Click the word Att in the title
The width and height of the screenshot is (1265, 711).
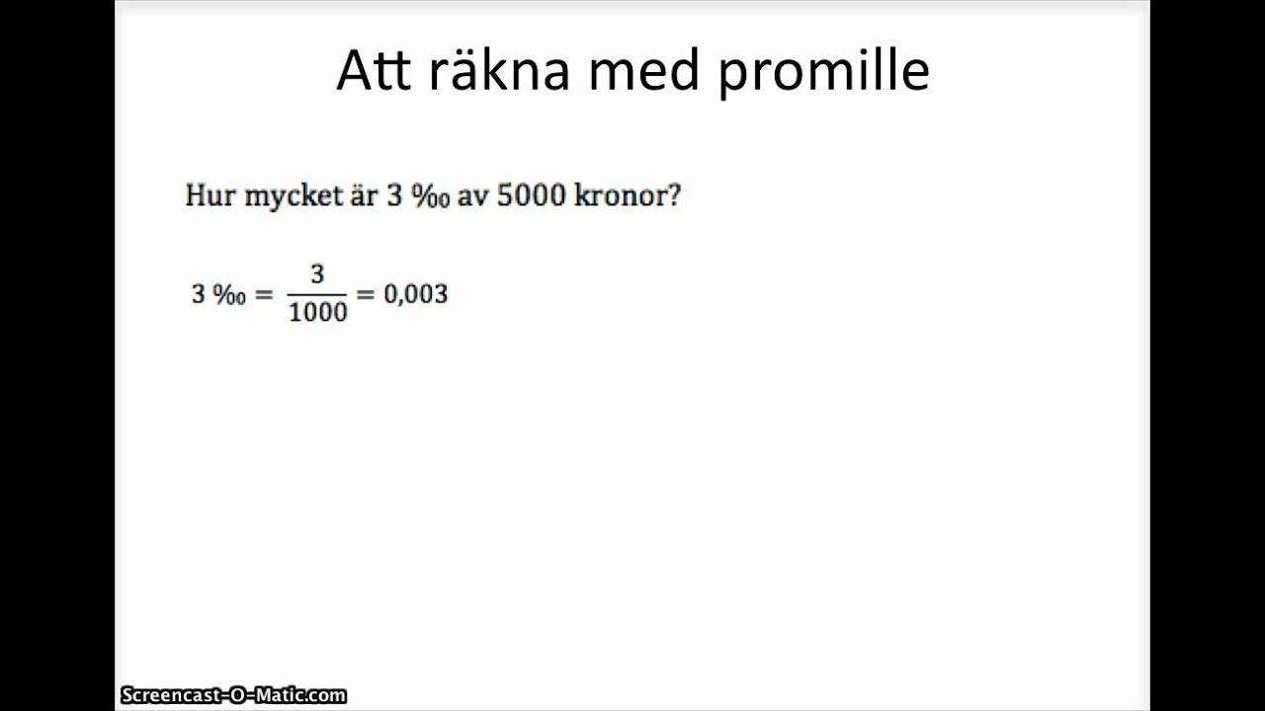point(373,71)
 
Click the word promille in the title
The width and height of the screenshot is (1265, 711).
point(823,73)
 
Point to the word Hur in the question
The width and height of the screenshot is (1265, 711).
point(210,196)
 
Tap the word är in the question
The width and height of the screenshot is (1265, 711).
point(362,196)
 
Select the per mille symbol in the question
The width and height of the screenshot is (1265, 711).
point(431,196)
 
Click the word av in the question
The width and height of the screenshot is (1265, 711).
point(473,197)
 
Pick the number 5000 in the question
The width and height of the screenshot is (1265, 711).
point(532,196)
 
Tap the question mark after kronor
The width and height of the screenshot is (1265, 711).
point(674,196)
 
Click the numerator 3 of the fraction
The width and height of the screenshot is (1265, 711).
point(317,275)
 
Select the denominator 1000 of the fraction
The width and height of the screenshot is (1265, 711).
point(317,312)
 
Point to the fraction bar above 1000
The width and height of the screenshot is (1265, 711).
point(317,293)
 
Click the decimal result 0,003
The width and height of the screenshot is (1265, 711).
point(415,294)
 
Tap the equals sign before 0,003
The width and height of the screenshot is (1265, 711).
point(366,294)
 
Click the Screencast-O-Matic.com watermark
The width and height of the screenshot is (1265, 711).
point(233,696)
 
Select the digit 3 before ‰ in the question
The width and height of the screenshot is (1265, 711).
point(393,196)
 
